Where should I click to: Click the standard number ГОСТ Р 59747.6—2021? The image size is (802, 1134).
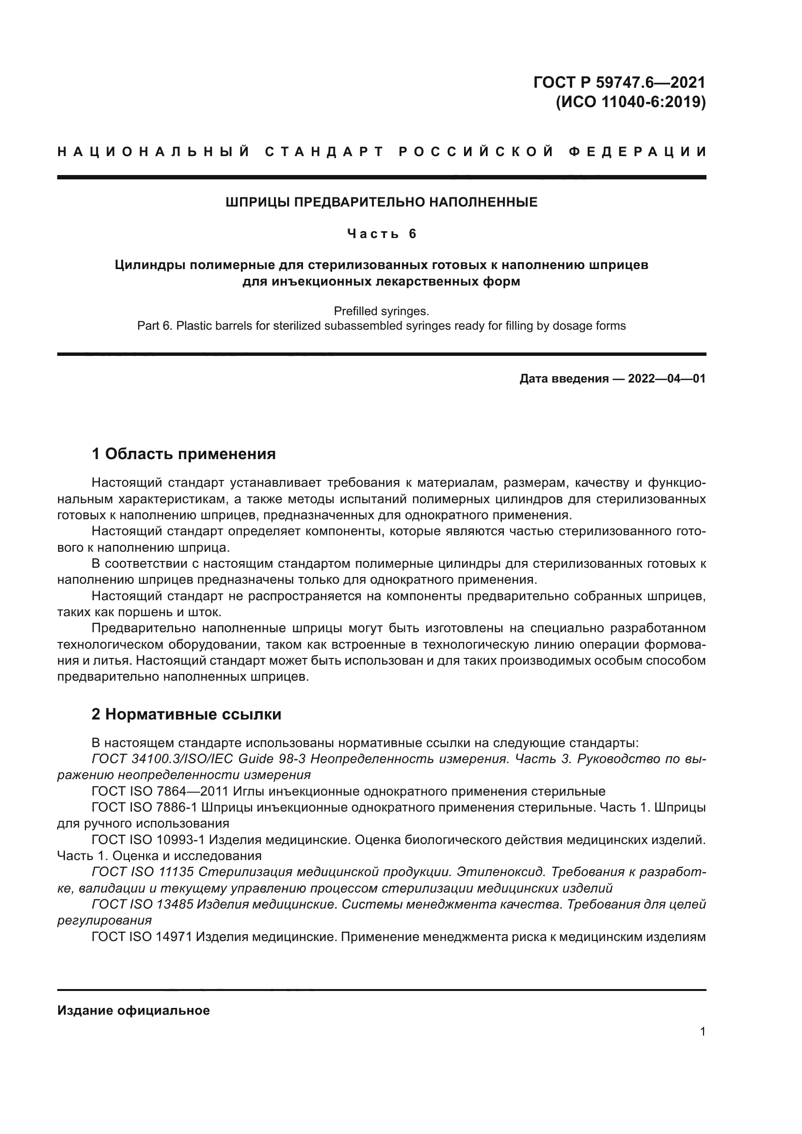[x=619, y=82]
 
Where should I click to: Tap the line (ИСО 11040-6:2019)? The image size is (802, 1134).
[x=631, y=102]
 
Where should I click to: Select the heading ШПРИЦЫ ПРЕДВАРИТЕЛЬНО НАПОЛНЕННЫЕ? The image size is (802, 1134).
[x=381, y=202]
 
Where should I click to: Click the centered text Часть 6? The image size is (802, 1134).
[x=381, y=233]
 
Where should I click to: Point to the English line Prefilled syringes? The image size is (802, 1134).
[x=381, y=311]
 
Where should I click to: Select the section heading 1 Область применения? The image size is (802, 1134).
[x=184, y=453]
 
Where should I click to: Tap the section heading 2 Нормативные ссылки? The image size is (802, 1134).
[x=186, y=714]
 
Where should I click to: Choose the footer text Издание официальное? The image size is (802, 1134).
[x=133, y=1010]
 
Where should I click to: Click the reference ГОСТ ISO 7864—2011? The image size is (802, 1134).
[x=160, y=791]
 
